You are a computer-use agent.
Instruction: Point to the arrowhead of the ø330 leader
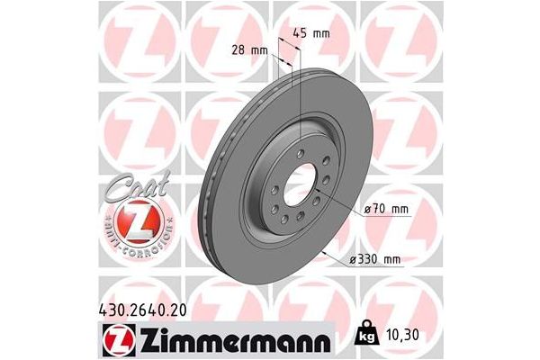[325, 248]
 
